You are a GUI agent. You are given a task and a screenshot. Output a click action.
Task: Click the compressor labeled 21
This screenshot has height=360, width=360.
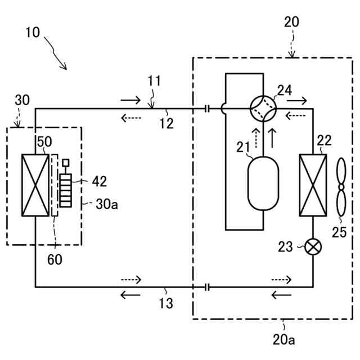[x=263, y=183]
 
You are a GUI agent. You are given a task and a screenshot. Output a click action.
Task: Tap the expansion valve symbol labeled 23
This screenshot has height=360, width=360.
[x=312, y=246]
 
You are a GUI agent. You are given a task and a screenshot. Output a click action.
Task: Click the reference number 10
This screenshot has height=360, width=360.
[x=33, y=31]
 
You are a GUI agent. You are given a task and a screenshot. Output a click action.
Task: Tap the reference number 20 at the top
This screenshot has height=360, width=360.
[x=292, y=22]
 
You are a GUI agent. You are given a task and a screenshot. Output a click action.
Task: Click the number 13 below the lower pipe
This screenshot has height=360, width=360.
[x=166, y=304]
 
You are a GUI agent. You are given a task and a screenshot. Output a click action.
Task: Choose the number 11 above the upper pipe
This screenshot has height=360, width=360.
[x=154, y=81]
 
